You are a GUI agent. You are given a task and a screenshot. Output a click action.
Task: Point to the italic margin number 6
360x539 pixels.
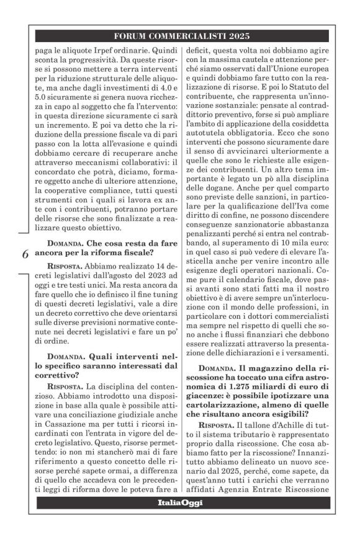25,254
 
